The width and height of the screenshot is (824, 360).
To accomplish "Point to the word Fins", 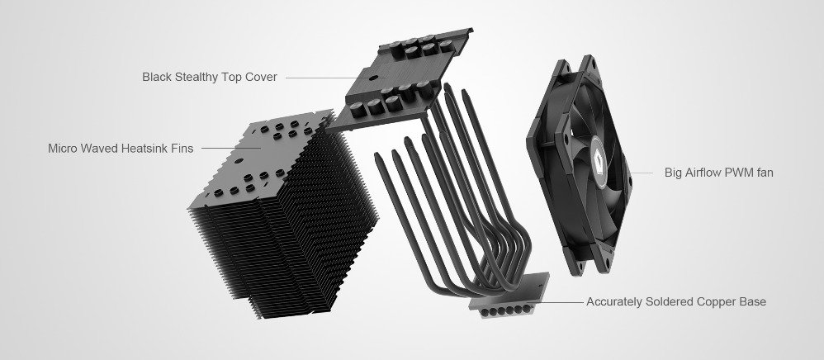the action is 182,149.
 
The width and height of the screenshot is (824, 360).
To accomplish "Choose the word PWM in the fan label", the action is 739,173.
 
